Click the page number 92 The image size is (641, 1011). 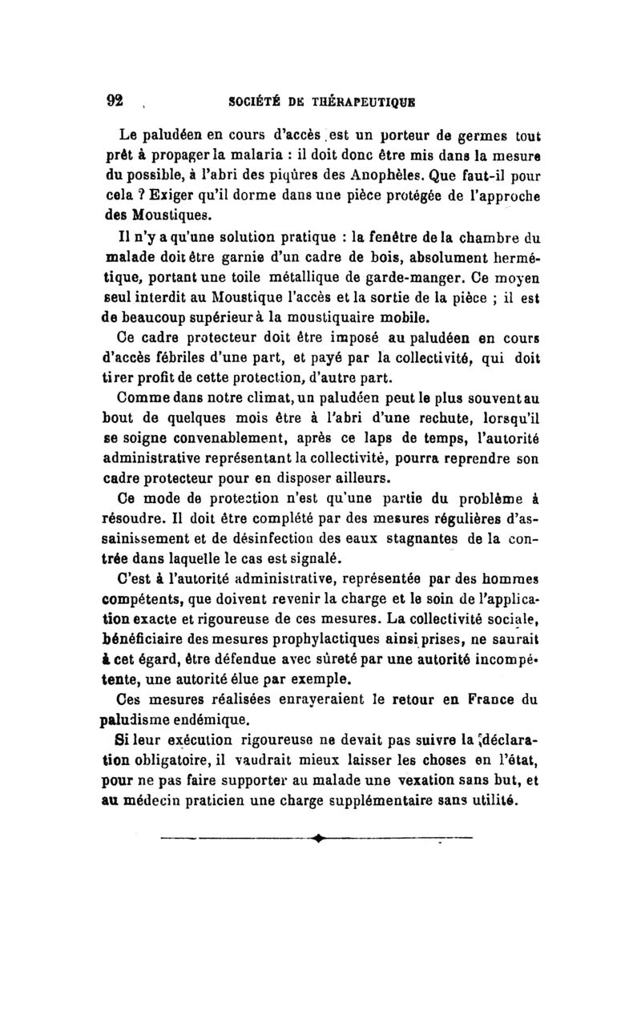115,101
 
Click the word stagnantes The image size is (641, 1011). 437,539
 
